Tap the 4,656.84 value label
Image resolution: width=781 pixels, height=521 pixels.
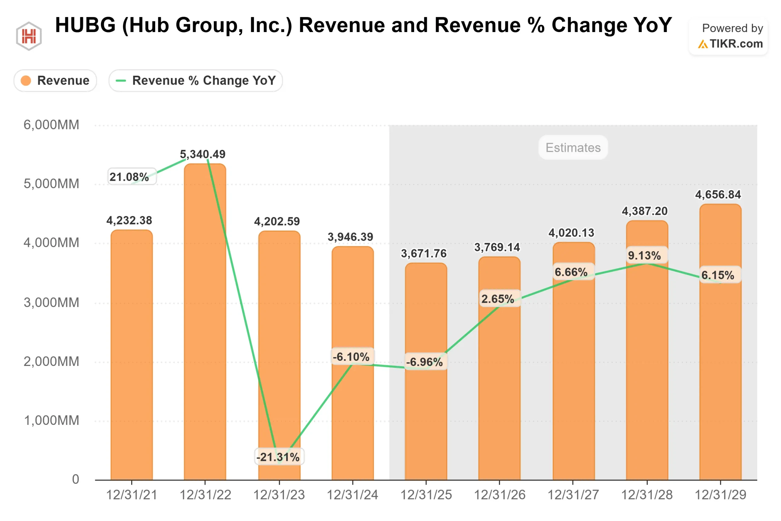718,194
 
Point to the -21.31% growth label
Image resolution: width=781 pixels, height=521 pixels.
278,457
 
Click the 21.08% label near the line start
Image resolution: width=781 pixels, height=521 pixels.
129,177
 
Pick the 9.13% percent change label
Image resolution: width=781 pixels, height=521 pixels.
645,255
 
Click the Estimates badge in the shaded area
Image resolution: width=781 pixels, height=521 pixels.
573,147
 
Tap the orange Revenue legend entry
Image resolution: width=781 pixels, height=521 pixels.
55,80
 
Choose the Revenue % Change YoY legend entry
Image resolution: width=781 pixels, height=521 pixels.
196,80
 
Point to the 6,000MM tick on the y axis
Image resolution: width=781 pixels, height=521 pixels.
52,125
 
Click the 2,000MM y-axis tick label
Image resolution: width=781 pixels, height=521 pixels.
52,361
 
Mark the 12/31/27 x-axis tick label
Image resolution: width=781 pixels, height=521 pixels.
573,495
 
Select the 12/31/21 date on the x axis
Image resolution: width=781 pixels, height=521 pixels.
131,495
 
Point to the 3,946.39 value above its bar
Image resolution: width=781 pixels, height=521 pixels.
350,237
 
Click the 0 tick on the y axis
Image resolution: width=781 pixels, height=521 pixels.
76,479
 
